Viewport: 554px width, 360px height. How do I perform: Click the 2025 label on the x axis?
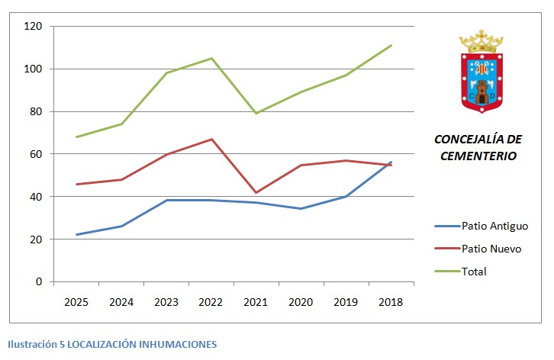coord(76,302)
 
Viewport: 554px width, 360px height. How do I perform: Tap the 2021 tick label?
coord(256,302)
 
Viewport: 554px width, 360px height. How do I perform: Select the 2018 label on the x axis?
coord(391,302)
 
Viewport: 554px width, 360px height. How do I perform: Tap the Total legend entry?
coord(474,272)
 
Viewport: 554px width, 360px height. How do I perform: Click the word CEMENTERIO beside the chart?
coord(478,156)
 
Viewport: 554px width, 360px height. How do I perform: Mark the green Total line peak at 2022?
coord(211,58)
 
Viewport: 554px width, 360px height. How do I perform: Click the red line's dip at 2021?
coord(256,192)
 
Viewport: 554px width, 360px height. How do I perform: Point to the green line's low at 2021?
coord(256,114)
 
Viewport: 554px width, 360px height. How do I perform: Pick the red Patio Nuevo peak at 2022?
coord(211,139)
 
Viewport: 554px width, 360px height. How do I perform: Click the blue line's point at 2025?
coord(76,234)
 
